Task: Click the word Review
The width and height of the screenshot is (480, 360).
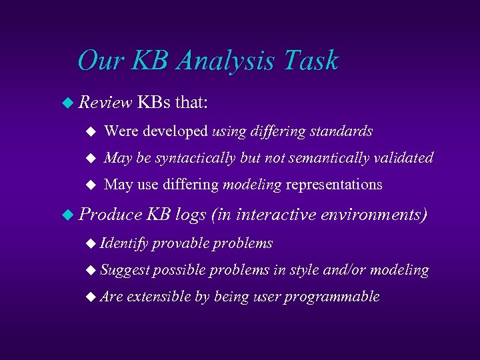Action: pos(105,103)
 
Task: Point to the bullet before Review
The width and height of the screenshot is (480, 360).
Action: pos(66,103)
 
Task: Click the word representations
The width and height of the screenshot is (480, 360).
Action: pos(334,184)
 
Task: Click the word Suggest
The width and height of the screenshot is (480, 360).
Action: pos(125,270)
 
